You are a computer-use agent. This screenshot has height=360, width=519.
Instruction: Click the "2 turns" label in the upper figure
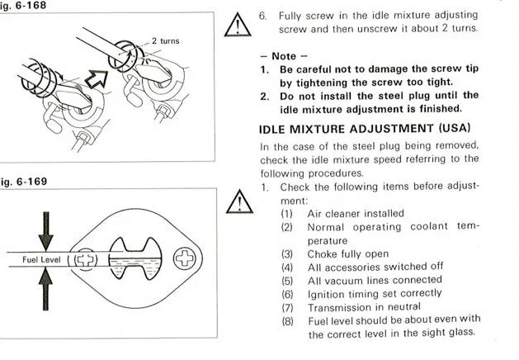166,41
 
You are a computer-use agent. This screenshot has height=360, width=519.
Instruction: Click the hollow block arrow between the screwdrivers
97,78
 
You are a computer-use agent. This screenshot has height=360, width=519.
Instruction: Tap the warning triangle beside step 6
238,25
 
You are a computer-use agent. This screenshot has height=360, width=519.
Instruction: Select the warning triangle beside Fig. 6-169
239,201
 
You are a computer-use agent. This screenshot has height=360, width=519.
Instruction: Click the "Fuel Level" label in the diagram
41,259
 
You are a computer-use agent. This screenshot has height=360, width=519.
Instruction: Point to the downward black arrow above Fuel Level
46,231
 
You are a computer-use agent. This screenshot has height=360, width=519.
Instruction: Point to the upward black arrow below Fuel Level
45,289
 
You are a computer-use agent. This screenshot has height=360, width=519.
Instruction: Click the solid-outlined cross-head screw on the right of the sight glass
185,258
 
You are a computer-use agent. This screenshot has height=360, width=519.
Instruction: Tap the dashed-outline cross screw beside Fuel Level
85,259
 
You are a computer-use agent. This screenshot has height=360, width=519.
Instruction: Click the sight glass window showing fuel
135,258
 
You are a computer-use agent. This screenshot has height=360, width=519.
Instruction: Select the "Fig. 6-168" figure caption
22,5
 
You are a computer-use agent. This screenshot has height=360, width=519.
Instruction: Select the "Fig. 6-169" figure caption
23,182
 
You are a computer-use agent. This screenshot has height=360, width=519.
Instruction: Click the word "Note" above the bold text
284,56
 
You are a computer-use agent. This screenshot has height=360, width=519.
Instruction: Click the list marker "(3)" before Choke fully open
287,254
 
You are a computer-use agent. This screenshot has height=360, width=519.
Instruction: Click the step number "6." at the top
263,16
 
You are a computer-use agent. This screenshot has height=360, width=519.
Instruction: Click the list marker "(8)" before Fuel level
287,321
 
